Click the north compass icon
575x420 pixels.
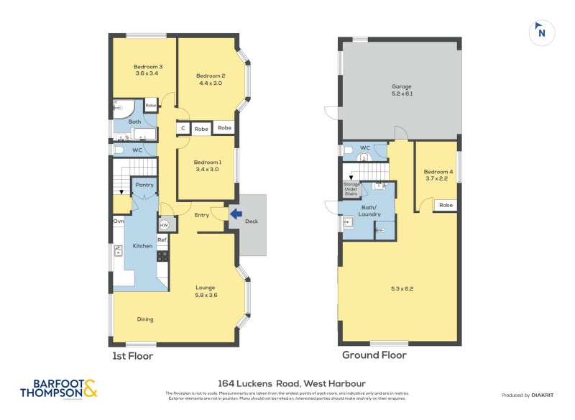click(541, 32)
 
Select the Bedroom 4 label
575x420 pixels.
click(438, 175)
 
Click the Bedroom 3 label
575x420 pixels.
click(146, 70)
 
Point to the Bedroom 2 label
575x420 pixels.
click(211, 79)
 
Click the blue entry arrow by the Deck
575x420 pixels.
click(235, 213)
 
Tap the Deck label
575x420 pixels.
click(252, 222)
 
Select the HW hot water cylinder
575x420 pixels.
click(164, 224)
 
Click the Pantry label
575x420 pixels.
click(144, 185)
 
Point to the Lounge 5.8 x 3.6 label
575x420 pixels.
click(206, 291)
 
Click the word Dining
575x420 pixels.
click(145, 319)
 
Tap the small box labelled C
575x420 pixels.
click(183, 129)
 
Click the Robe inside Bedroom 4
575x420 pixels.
click(446, 205)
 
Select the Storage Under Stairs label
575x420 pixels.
click(351, 189)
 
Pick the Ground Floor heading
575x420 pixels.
click(374, 355)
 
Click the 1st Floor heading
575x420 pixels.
click(132, 355)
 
